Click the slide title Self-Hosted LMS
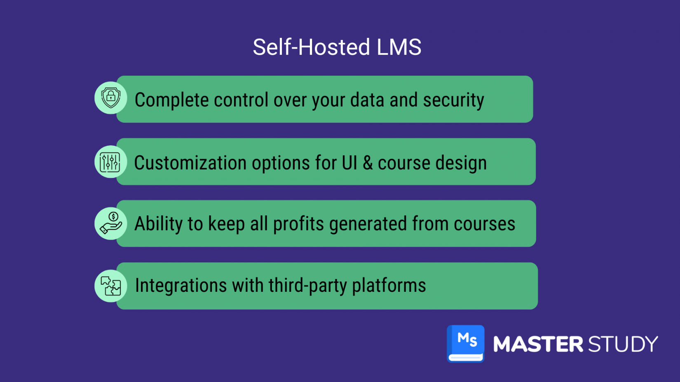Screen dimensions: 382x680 (337, 47)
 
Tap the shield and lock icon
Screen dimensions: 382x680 (110, 98)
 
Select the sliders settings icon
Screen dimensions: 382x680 (110, 162)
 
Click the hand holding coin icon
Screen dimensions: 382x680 (110, 223)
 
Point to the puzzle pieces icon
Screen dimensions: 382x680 (110, 286)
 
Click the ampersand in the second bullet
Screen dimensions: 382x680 (368, 163)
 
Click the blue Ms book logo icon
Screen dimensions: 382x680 (466, 343)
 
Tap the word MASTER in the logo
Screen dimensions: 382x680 (538, 344)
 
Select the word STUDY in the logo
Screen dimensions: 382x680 (623, 344)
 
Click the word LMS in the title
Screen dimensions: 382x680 (399, 47)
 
